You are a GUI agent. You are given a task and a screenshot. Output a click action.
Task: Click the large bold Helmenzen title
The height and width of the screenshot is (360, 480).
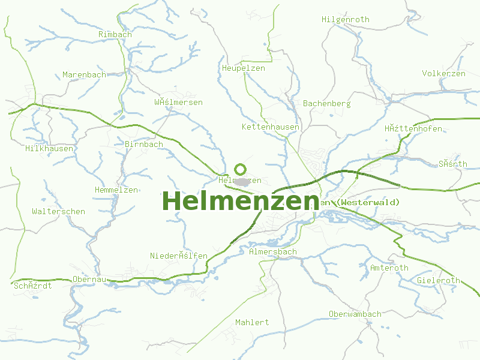240,202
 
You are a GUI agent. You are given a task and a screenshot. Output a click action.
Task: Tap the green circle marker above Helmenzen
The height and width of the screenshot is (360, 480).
241,169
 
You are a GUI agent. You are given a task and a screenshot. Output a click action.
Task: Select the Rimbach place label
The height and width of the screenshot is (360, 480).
115,35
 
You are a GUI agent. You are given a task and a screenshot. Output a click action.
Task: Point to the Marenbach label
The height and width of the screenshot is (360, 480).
84,75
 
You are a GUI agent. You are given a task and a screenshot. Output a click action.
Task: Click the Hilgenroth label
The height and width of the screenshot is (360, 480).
346,20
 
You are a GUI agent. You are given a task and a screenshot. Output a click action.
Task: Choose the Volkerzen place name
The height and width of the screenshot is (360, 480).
443,74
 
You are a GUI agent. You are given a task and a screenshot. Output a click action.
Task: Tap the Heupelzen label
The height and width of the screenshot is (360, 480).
243,68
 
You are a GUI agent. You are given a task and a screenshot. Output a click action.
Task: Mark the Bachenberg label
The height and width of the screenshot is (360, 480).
326,104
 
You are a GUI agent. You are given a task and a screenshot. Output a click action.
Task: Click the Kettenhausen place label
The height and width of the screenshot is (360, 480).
270,127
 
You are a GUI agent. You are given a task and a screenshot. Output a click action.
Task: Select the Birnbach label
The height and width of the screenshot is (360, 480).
144,145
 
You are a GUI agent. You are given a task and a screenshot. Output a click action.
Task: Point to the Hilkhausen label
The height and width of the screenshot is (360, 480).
49,148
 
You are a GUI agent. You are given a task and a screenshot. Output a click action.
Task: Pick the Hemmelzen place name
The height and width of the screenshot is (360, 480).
116,190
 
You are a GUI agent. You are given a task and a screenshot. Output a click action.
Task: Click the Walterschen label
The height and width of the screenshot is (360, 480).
58,212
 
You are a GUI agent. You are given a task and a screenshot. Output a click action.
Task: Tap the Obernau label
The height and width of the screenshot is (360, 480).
89,280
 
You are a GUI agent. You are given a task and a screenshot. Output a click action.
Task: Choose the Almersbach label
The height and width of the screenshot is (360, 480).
272,252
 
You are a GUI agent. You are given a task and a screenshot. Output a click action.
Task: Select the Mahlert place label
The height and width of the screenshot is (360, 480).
252,323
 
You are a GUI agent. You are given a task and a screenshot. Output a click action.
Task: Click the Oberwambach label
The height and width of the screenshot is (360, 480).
355,314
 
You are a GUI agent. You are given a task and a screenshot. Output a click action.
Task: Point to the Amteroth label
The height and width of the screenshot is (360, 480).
389,268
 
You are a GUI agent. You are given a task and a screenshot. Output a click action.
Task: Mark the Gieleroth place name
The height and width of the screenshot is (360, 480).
438,281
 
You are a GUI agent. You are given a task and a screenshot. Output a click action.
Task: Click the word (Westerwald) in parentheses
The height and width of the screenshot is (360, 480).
368,203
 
